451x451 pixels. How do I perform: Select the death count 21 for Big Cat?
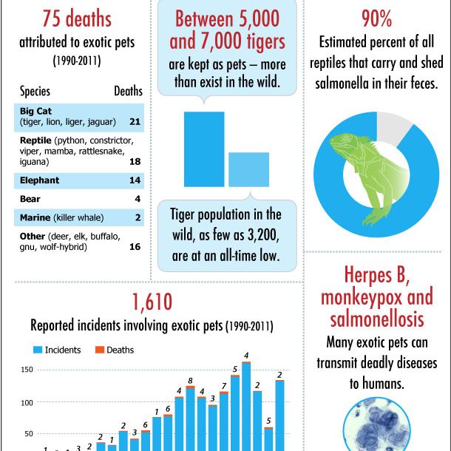tap(135, 121)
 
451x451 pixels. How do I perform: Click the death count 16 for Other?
tap(135, 246)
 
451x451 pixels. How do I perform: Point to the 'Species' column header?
tap(35, 92)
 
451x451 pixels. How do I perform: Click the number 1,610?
tap(152, 302)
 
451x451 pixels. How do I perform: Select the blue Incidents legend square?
tap(35, 349)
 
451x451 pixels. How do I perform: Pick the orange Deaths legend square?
tap(99, 349)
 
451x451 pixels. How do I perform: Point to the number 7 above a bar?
tap(224, 386)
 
